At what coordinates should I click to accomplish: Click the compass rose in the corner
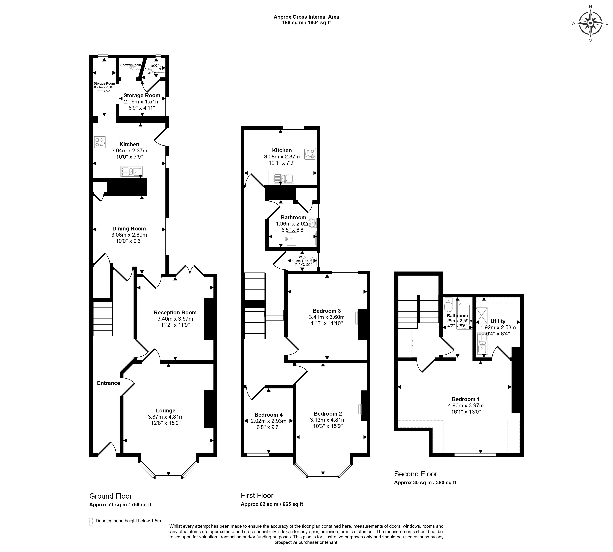click(x=590, y=23)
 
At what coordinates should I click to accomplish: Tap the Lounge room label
click(x=166, y=411)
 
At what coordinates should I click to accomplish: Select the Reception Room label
click(x=175, y=312)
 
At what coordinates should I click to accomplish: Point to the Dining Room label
click(x=129, y=229)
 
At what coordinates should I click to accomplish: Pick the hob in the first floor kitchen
click(x=310, y=154)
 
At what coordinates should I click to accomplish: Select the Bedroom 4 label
click(x=268, y=415)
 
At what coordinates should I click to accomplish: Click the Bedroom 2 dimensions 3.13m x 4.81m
click(x=328, y=420)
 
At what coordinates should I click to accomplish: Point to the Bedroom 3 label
click(x=327, y=311)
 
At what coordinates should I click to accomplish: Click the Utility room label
click(x=498, y=321)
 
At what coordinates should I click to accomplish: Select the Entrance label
click(x=109, y=383)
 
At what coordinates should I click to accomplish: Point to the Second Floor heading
click(x=415, y=474)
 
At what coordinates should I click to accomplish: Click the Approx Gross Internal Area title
click(x=306, y=17)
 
